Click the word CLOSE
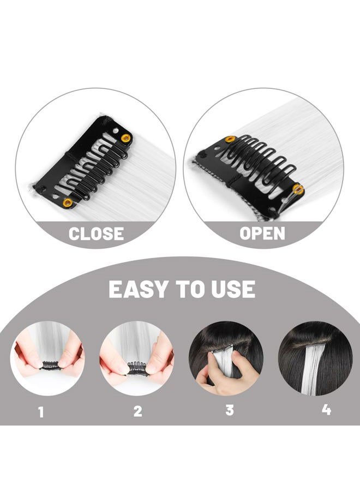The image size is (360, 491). click(x=96, y=233)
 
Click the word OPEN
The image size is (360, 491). click(x=262, y=233)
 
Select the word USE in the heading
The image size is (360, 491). click(x=233, y=289)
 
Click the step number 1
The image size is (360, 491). click(x=41, y=412)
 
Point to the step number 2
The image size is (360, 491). click(x=138, y=411)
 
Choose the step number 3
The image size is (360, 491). click(x=230, y=410)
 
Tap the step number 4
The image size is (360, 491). click(x=326, y=410)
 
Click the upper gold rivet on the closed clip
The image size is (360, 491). click(x=126, y=138)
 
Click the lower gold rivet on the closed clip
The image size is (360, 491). click(x=67, y=203)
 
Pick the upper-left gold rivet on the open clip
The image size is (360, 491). click(x=230, y=139)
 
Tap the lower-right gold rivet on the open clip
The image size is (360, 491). click(x=298, y=189)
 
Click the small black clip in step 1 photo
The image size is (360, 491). click(x=51, y=365)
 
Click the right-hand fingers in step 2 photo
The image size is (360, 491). click(x=160, y=360)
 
